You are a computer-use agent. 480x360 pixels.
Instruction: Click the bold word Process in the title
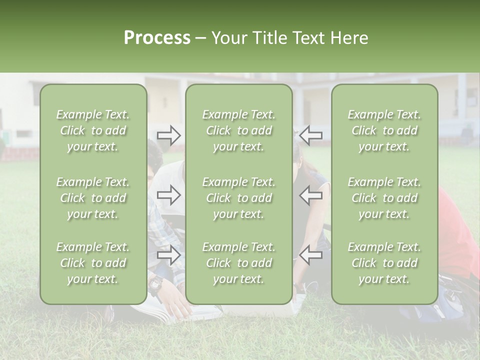click(x=157, y=38)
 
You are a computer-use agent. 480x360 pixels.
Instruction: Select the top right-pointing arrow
click(x=169, y=135)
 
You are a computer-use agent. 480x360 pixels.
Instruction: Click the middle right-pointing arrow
click(x=169, y=195)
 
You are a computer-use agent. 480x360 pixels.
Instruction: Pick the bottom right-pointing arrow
click(x=169, y=255)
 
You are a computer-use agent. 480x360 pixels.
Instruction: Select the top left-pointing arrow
click(x=310, y=135)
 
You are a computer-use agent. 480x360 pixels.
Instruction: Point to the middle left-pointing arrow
click(x=310, y=195)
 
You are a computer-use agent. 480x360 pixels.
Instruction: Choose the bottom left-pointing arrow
click(x=310, y=255)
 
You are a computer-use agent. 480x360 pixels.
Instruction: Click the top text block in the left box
click(x=93, y=130)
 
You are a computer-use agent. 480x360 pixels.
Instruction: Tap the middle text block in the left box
click(x=93, y=198)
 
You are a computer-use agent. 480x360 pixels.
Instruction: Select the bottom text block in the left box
click(x=93, y=263)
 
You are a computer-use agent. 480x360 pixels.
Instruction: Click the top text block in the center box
click(x=238, y=130)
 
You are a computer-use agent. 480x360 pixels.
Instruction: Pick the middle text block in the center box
click(x=238, y=198)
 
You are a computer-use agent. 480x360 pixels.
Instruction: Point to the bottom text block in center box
click(x=238, y=263)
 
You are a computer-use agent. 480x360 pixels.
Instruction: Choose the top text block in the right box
click(x=384, y=130)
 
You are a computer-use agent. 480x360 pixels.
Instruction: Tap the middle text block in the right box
click(x=384, y=198)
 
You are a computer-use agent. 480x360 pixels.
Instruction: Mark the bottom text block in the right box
click(x=384, y=263)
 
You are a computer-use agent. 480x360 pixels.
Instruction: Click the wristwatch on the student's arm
click(x=155, y=284)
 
